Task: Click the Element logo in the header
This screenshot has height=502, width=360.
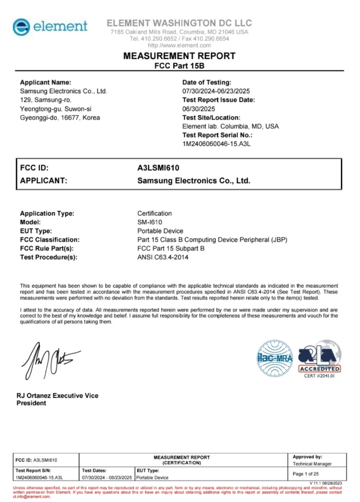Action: click(x=51, y=27)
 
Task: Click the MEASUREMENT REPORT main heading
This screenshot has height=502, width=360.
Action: click(x=179, y=56)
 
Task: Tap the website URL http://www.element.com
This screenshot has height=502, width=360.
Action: click(x=179, y=45)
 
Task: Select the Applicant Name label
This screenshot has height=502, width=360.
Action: click(x=46, y=83)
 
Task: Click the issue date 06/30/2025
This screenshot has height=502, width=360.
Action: click(x=199, y=108)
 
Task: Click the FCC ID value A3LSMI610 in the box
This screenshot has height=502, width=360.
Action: click(x=158, y=168)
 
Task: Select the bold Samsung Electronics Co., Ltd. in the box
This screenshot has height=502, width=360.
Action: click(x=193, y=181)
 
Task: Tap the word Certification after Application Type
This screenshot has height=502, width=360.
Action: click(x=155, y=214)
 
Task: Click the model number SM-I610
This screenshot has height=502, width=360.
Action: click(x=150, y=222)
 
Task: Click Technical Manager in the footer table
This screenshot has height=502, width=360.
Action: click(x=312, y=464)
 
